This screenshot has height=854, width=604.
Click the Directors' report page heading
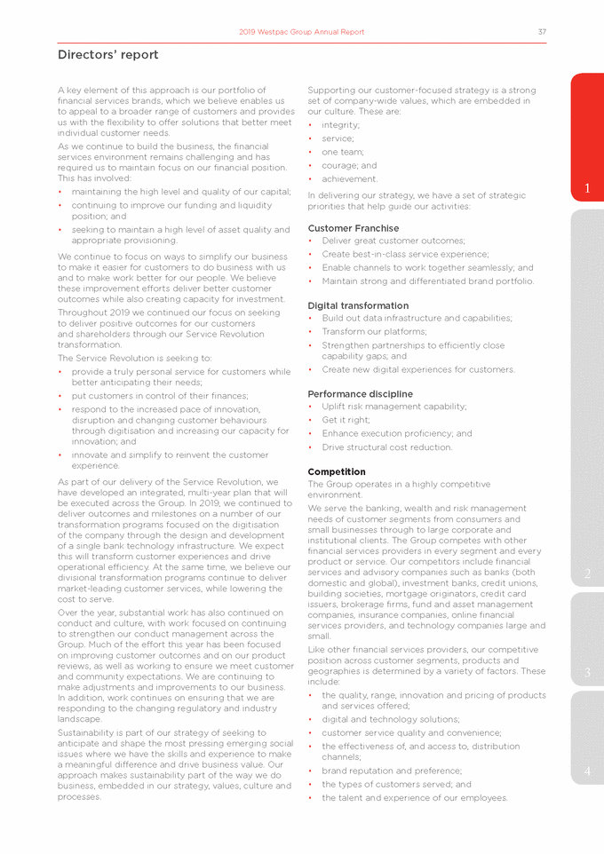coord(108,55)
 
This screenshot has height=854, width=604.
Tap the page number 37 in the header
coord(542,32)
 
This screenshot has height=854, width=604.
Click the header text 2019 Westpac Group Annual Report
coord(302,32)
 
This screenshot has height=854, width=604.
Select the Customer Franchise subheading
coord(353,228)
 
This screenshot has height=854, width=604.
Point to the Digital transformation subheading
coord(358,305)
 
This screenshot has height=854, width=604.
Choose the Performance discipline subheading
coord(359,393)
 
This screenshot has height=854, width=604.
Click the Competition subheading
coord(338,471)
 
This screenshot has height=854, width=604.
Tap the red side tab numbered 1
coord(587,187)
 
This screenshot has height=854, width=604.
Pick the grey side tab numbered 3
coord(587,672)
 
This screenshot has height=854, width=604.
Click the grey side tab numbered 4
coord(587,771)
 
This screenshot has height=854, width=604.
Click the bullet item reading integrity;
coord(341,125)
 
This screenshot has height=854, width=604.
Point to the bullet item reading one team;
coord(343,152)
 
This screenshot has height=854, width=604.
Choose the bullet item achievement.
coord(349,178)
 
